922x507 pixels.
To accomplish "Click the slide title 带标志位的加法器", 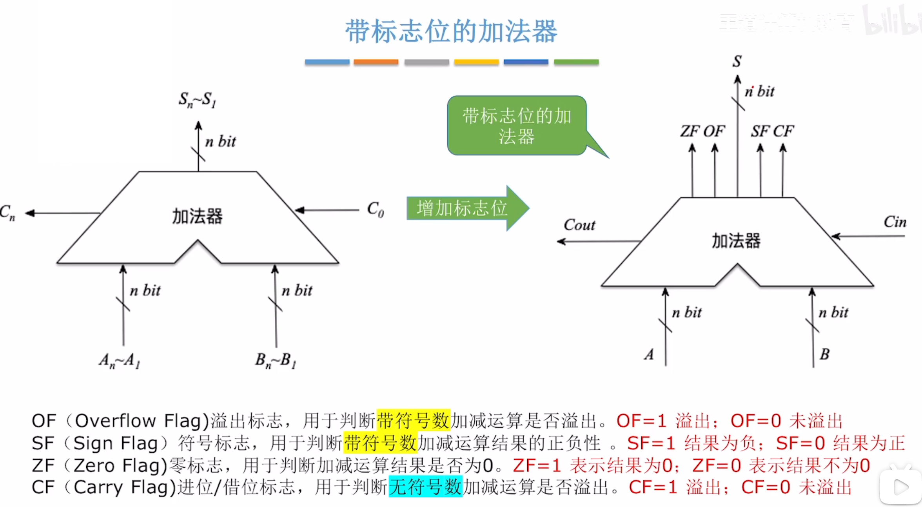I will pyautogui.click(x=451, y=31).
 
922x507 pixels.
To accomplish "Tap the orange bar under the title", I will pyautogui.click(x=376, y=62).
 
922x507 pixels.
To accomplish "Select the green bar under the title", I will pyautogui.click(x=576, y=62).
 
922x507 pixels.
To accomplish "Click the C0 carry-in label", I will pyautogui.click(x=375, y=210).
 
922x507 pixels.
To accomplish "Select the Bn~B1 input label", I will pyautogui.click(x=276, y=360).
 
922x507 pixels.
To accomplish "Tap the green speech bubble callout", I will pyautogui.click(x=517, y=126).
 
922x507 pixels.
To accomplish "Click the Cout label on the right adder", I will pyautogui.click(x=579, y=225).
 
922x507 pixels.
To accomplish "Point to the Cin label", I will pyautogui.click(x=895, y=222).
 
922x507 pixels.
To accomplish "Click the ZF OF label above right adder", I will pyautogui.click(x=702, y=131).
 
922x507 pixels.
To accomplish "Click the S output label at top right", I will pyautogui.click(x=737, y=61).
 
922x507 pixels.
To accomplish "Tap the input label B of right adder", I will pyautogui.click(x=824, y=354).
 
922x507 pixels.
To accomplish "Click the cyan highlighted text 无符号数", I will pyautogui.click(x=425, y=487).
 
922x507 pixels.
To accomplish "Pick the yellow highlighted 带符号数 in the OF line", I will pyautogui.click(x=413, y=421).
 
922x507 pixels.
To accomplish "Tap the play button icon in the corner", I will pyautogui.click(x=900, y=487).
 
